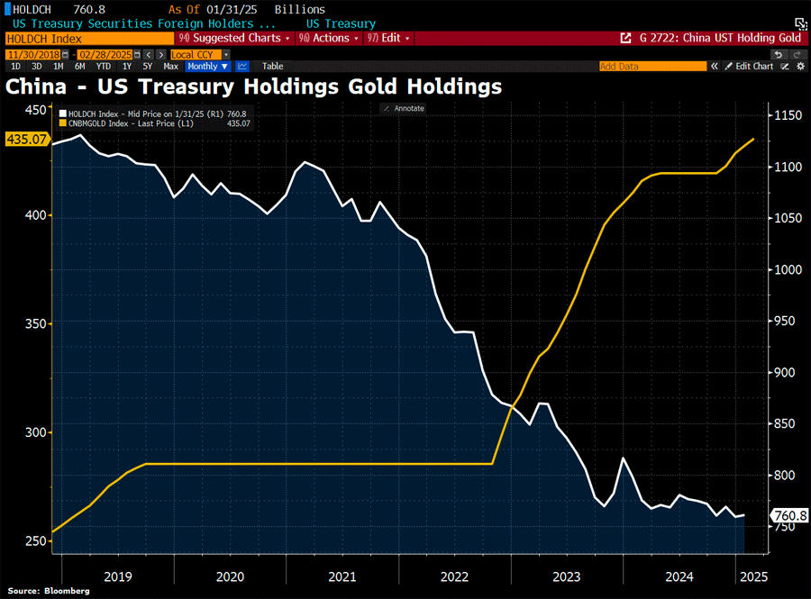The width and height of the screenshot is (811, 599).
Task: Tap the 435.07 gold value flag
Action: (26, 140)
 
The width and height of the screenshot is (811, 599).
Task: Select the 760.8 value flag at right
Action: (790, 516)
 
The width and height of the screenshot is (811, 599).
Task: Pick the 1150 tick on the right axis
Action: (784, 115)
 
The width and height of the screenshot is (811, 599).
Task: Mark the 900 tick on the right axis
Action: (781, 373)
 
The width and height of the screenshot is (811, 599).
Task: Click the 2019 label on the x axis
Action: (118, 576)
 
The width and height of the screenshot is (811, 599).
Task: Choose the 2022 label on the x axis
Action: (454, 576)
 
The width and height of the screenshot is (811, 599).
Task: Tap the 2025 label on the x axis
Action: (752, 576)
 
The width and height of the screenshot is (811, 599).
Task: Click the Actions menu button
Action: (329, 39)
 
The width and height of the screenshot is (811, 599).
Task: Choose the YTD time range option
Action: (104, 67)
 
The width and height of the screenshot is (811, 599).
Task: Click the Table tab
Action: (272, 67)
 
